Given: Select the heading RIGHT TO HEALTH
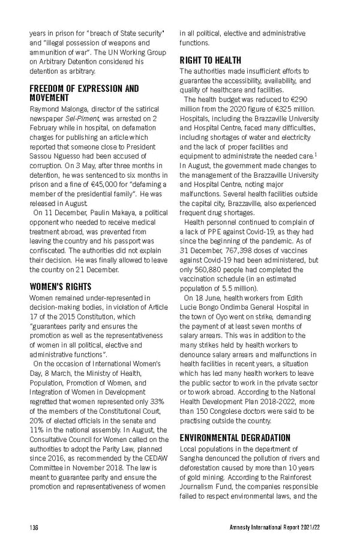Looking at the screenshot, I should (210, 61).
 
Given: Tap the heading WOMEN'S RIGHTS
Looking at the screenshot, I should (60, 286).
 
